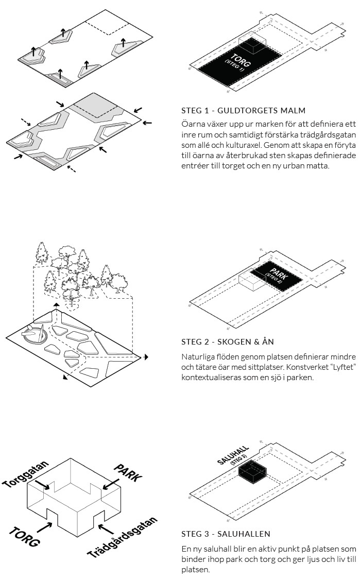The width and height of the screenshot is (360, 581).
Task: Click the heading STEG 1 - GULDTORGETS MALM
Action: coord(243,110)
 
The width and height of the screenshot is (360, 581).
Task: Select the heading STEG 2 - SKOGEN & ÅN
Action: coord(228,341)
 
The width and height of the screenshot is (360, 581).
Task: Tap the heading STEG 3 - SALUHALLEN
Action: coord(226,534)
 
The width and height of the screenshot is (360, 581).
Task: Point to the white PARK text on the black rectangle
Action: coord(277,275)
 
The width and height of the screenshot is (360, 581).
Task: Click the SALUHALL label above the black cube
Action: coord(233,454)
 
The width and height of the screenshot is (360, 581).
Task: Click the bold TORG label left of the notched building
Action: coord(24,537)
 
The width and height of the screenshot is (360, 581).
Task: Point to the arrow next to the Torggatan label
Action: coord(43,484)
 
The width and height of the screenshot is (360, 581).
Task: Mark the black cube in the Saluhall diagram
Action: coord(252,472)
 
